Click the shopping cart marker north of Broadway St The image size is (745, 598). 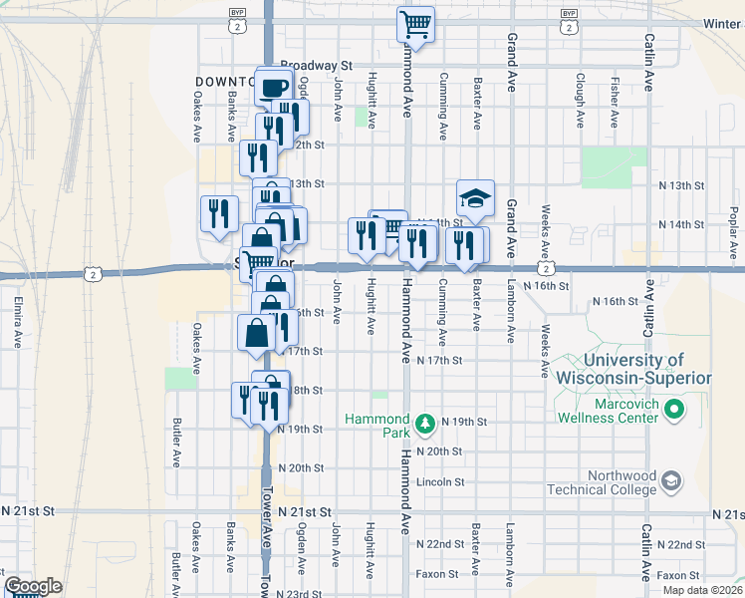pyautogui.click(x=415, y=23)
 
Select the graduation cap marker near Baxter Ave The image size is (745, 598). pyautogui.click(x=476, y=197)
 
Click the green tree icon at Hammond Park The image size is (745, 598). pyautogui.click(x=425, y=422)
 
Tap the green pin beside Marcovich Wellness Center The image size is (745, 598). pyautogui.click(x=673, y=410)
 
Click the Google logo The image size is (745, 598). pyautogui.click(x=33, y=586)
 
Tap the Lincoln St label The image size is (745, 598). pyautogui.click(x=442, y=482)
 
